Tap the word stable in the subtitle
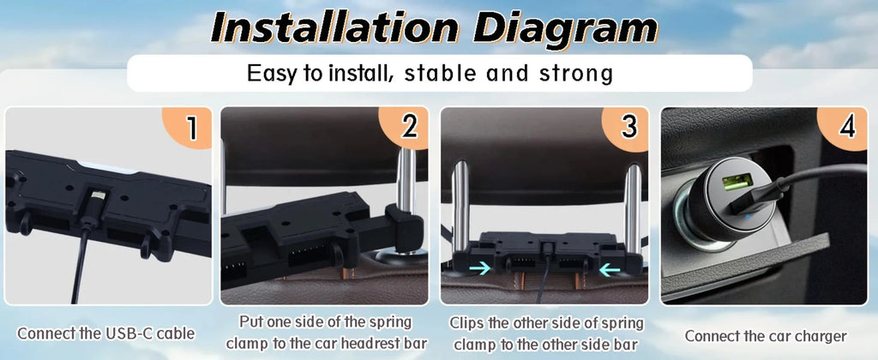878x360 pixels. pyautogui.click(x=440, y=74)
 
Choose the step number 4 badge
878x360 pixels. pyautogui.click(x=845, y=127)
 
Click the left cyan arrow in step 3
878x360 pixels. pyautogui.click(x=479, y=267)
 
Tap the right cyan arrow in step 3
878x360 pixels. pyautogui.click(x=610, y=270)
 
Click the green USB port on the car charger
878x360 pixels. pyautogui.click(x=737, y=182)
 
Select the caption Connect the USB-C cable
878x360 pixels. pyautogui.click(x=105, y=333)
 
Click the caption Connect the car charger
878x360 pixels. pyautogui.click(x=766, y=336)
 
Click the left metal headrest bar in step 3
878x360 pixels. pyautogui.click(x=461, y=207)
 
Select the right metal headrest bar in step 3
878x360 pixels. pyautogui.click(x=633, y=208)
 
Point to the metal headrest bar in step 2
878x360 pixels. pyautogui.click(x=406, y=180)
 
